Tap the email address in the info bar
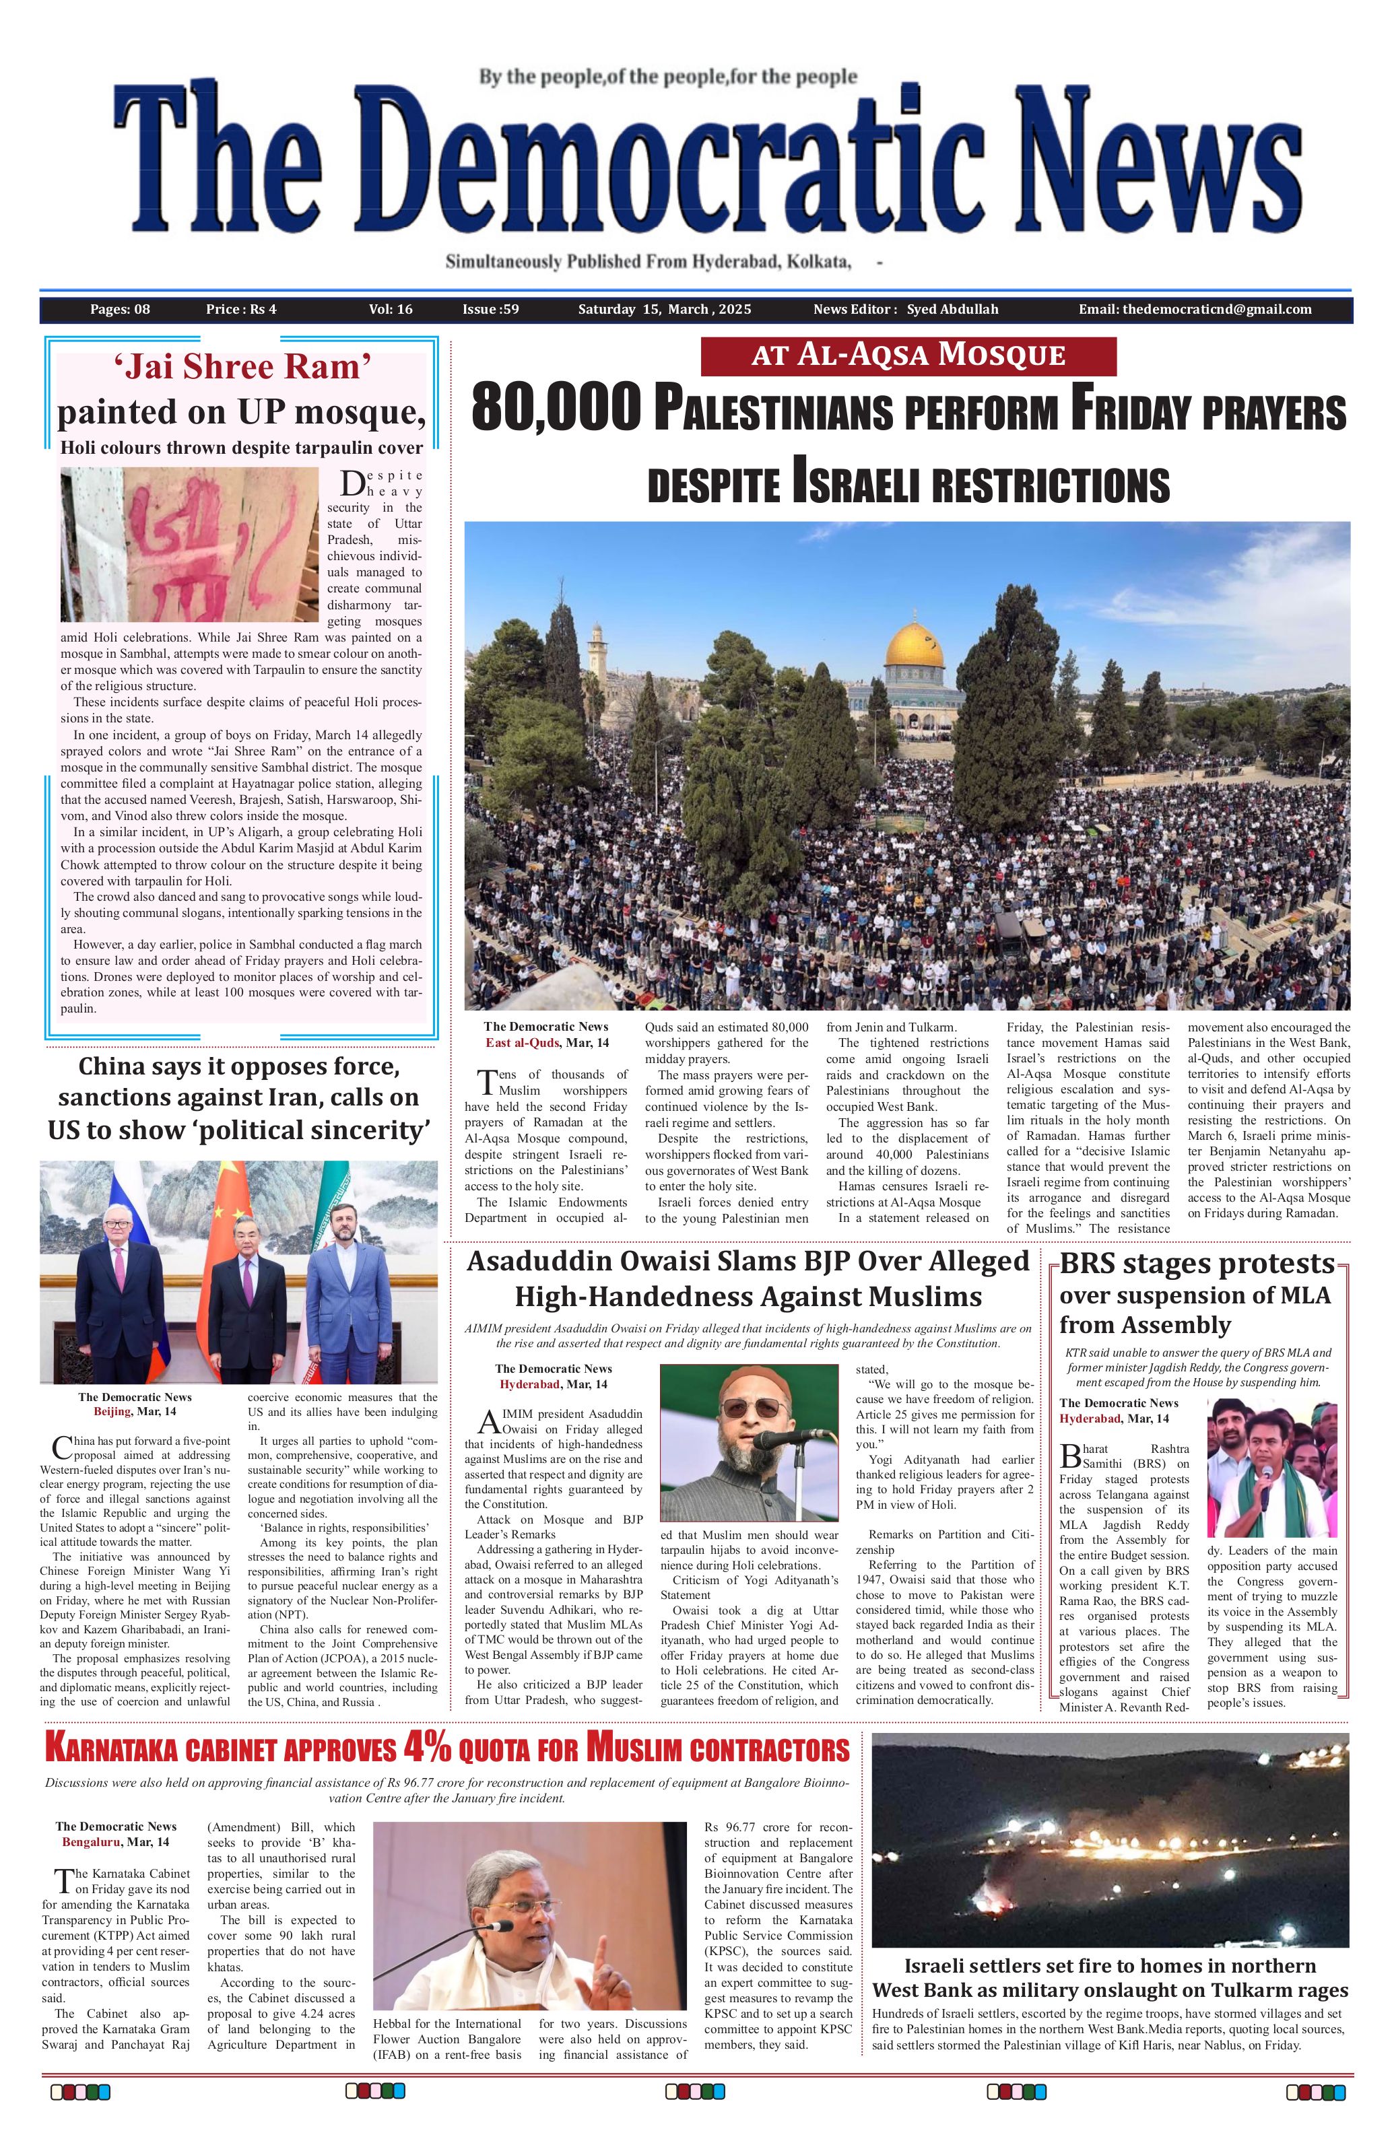[x=1195, y=310]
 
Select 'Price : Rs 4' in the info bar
[x=241, y=310]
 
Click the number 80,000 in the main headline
[x=557, y=409]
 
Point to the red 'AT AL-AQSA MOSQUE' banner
[x=908, y=355]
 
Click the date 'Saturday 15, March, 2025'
[x=664, y=310]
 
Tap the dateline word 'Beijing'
[x=112, y=1411]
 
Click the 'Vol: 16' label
[x=391, y=310]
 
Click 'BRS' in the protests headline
[x=1088, y=1264]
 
